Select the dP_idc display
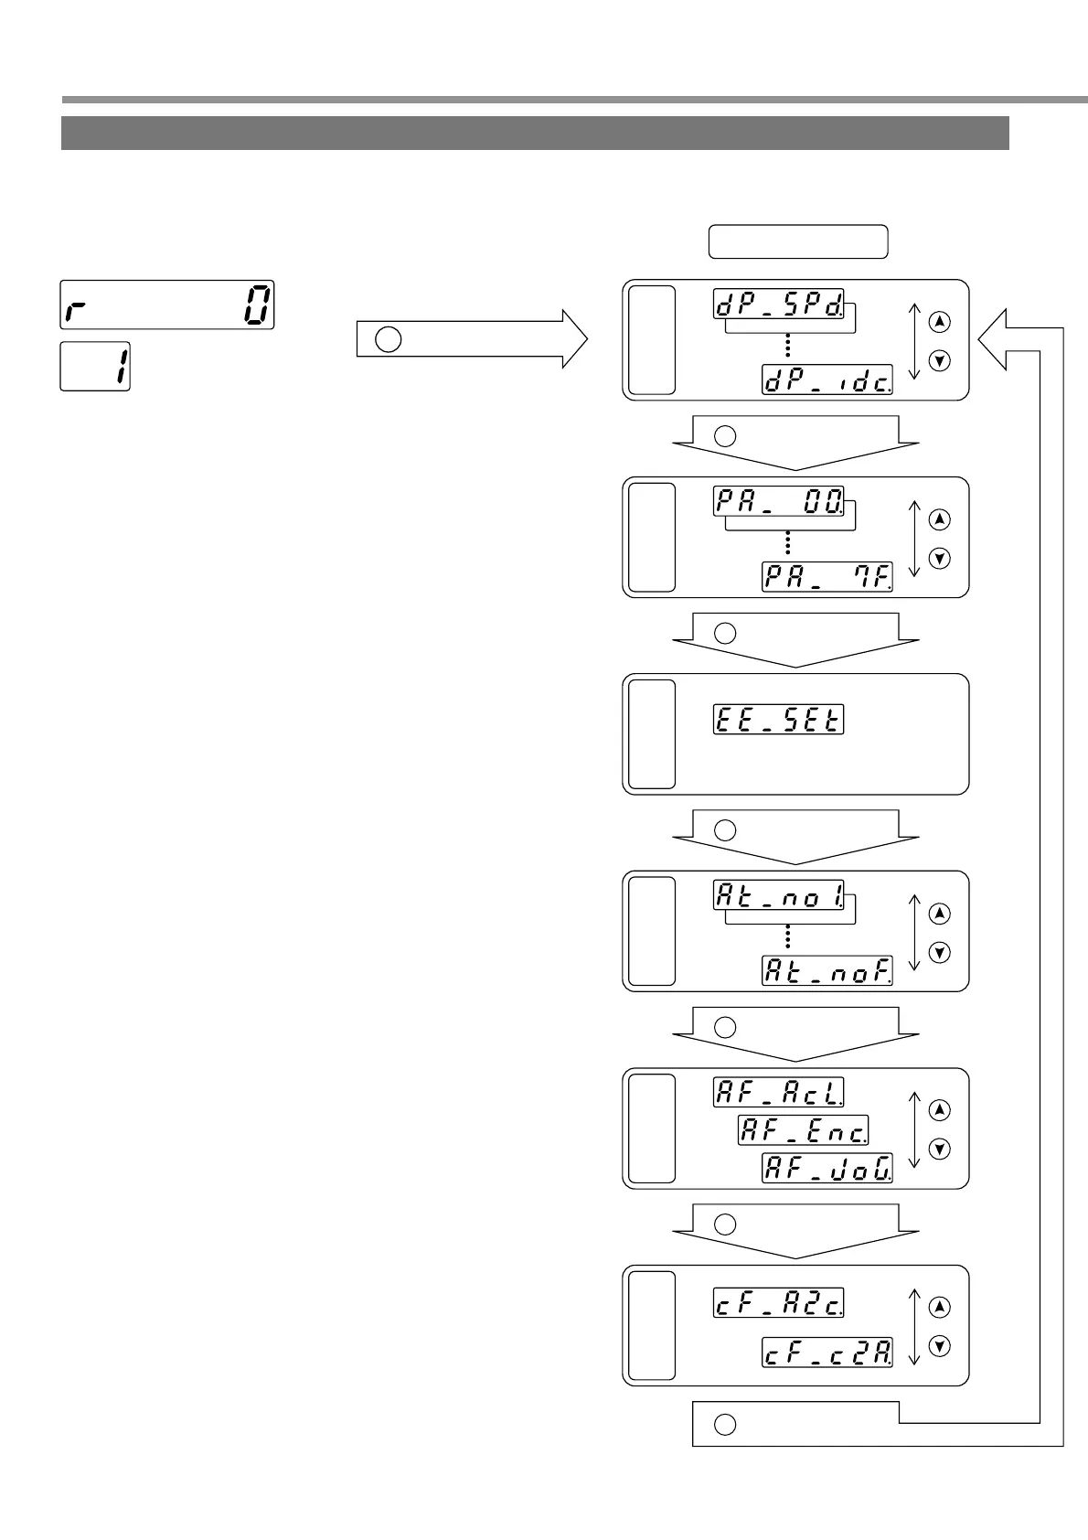[827, 380]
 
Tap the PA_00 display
[778, 501]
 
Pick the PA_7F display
[827, 577]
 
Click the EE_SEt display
[778, 720]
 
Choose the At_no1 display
[778, 895]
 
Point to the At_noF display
[827, 970]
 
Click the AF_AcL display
[778, 1092]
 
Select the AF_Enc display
[803, 1130]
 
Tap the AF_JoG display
[827, 1168]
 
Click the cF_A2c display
[778, 1303]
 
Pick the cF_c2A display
[827, 1352]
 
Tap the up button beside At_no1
[939, 914]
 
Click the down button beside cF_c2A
[939, 1346]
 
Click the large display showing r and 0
[167, 305]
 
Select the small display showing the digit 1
[95, 367]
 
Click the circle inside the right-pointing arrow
[389, 339]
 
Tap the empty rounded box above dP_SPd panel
[798, 241]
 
